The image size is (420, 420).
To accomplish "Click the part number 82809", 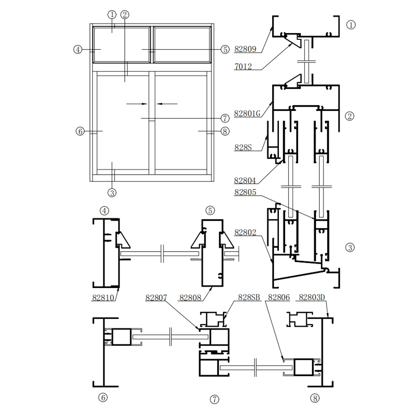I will [x=245, y=49].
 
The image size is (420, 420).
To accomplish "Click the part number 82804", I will [x=245, y=181].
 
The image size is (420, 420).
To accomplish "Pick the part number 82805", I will [x=245, y=192].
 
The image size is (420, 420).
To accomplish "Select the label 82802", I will [x=245, y=232].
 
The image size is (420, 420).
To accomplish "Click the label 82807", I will [x=156, y=297].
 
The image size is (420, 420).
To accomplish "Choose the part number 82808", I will [x=190, y=297].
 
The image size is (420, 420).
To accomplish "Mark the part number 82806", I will [x=278, y=297].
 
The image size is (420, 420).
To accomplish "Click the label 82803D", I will [x=311, y=297].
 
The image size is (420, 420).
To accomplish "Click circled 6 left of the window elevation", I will [x=80, y=131].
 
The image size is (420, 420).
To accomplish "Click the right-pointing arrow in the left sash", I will [x=136, y=103].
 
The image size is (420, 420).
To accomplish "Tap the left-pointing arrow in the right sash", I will [x=167, y=103].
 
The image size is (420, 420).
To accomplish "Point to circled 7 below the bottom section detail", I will [x=215, y=399].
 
